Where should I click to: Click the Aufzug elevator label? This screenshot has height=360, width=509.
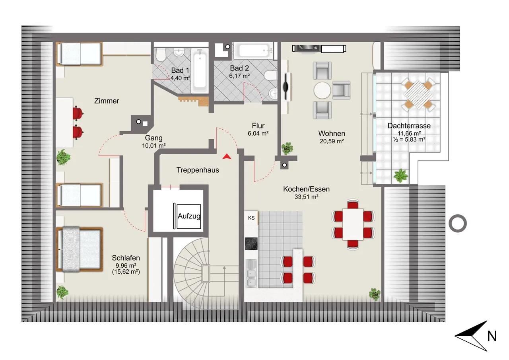pyautogui.click(x=189, y=216)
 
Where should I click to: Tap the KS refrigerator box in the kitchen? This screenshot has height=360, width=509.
pyautogui.click(x=251, y=218)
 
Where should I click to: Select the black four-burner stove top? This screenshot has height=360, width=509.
pyautogui.click(x=251, y=244)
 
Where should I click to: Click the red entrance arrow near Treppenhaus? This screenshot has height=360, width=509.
pyautogui.click(x=227, y=157)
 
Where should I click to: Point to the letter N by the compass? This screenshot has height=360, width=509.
pyautogui.click(x=492, y=336)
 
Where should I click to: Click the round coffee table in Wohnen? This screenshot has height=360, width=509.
pyautogui.click(x=322, y=90)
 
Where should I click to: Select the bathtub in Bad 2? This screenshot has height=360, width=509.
pyautogui.click(x=253, y=50)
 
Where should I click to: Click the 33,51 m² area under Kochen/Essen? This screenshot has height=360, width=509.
pyautogui.click(x=306, y=197)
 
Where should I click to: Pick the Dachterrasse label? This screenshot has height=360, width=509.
pyautogui.click(x=409, y=126)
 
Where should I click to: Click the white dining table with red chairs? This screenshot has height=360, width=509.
pyautogui.click(x=353, y=224)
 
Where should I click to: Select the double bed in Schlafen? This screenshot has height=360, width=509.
pyautogui.click(x=79, y=249)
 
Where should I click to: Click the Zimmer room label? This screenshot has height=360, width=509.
pyautogui.click(x=107, y=101)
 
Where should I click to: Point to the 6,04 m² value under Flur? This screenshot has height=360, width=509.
pyautogui.click(x=258, y=133)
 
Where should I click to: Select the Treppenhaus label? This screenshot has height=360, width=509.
pyautogui.click(x=198, y=170)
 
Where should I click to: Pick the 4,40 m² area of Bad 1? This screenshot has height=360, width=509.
pyautogui.click(x=180, y=78)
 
